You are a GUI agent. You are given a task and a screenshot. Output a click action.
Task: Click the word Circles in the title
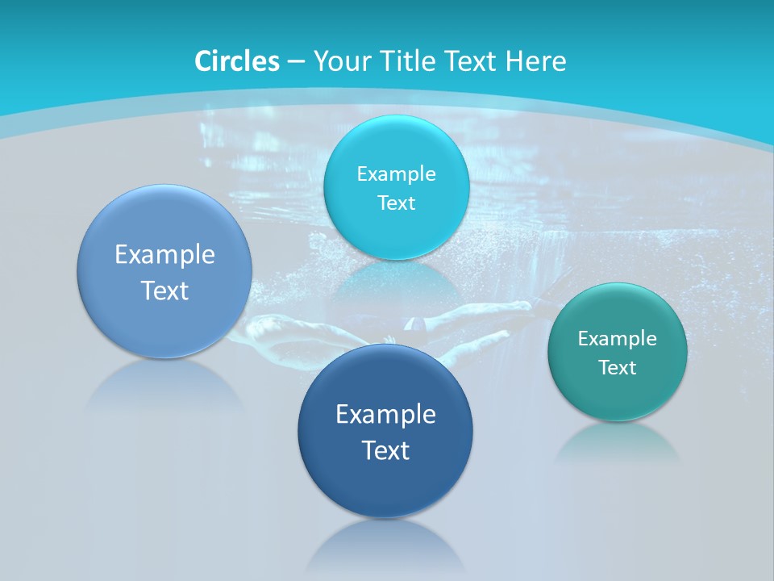237,61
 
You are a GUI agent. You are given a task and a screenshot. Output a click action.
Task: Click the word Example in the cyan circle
397,173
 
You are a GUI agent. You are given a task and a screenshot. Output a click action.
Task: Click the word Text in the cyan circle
397,203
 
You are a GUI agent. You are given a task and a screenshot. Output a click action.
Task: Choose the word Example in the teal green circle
618,338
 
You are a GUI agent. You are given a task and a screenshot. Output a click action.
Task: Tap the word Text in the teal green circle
618,368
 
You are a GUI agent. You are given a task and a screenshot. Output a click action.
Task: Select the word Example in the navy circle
385,415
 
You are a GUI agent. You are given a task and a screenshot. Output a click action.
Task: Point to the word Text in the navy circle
385,450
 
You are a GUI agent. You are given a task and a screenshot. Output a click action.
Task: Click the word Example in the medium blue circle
164,255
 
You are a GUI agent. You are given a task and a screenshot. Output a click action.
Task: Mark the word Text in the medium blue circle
164,290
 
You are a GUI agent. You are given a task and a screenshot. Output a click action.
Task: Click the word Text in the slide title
472,61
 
